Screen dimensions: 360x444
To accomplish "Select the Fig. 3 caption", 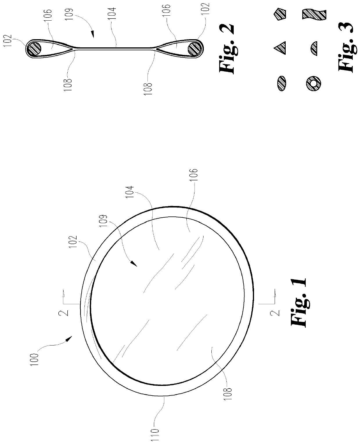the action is coord(346,47).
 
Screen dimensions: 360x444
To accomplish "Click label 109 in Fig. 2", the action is coord(69,14).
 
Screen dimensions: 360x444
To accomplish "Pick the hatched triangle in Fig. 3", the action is coord(280,48).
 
